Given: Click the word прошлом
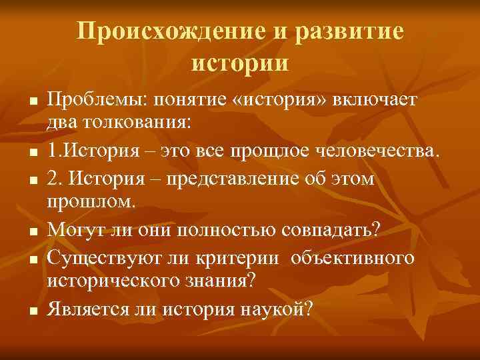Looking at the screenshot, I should [x=91, y=201].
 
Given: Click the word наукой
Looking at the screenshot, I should [x=275, y=309].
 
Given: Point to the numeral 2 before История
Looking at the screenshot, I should [x=53, y=180].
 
